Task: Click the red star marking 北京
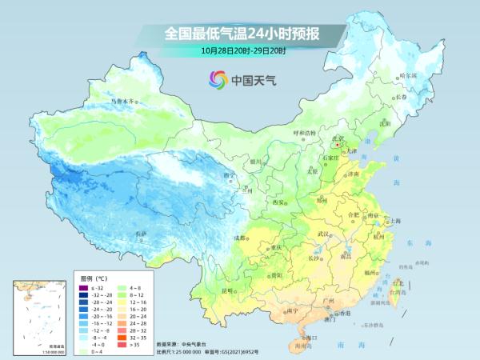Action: coord(338,145)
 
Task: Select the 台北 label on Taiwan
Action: coord(395,282)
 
